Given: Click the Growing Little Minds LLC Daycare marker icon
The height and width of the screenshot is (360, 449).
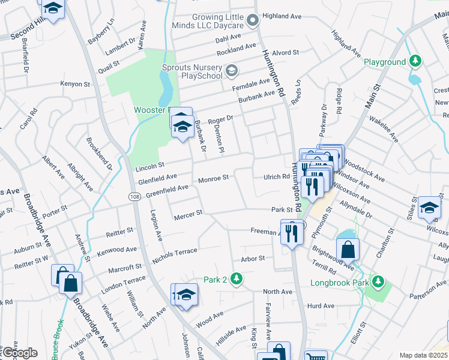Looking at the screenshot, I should (x=253, y=21).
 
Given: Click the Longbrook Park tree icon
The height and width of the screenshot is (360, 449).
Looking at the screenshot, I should (x=378, y=281).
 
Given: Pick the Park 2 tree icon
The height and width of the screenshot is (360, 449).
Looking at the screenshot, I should (x=237, y=278).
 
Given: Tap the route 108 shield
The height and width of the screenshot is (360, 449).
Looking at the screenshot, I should (x=134, y=196).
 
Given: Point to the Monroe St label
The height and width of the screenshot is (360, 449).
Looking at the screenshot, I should (x=213, y=178).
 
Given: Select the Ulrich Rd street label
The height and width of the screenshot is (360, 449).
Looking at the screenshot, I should (x=276, y=176).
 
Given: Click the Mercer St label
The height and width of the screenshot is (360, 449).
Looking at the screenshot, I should (x=186, y=216).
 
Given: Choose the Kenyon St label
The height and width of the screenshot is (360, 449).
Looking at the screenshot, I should (x=75, y=85).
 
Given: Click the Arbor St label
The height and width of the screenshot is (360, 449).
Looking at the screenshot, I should (x=253, y=258).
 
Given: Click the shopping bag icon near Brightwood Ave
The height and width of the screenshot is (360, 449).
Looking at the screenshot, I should (x=348, y=248).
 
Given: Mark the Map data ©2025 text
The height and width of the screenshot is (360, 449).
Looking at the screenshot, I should (x=423, y=355).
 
